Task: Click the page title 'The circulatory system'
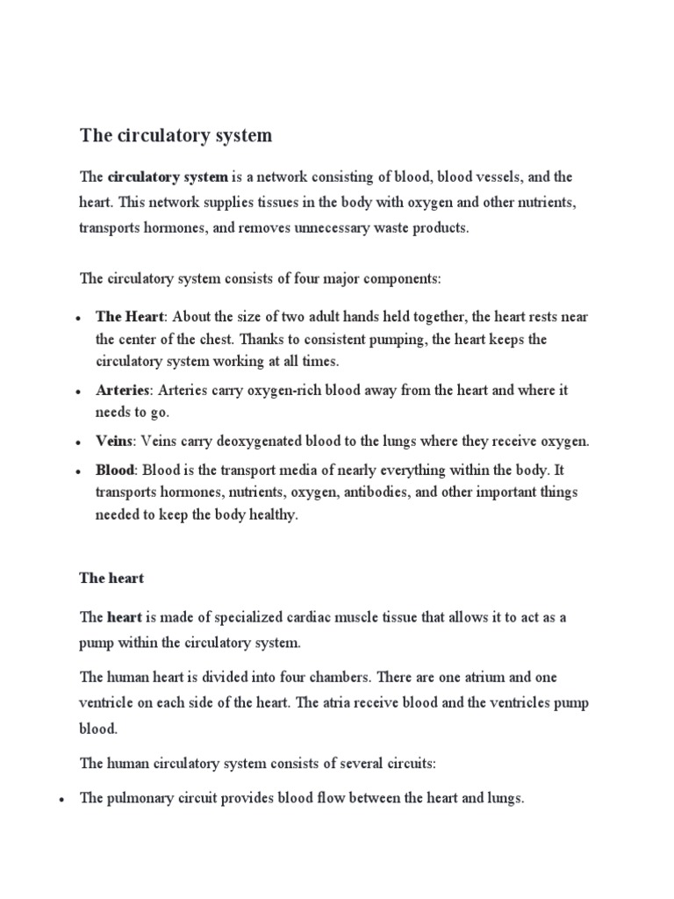coord(176,135)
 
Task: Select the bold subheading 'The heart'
coord(111,579)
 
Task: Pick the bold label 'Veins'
coord(114,440)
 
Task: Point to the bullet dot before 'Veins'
coord(79,442)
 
